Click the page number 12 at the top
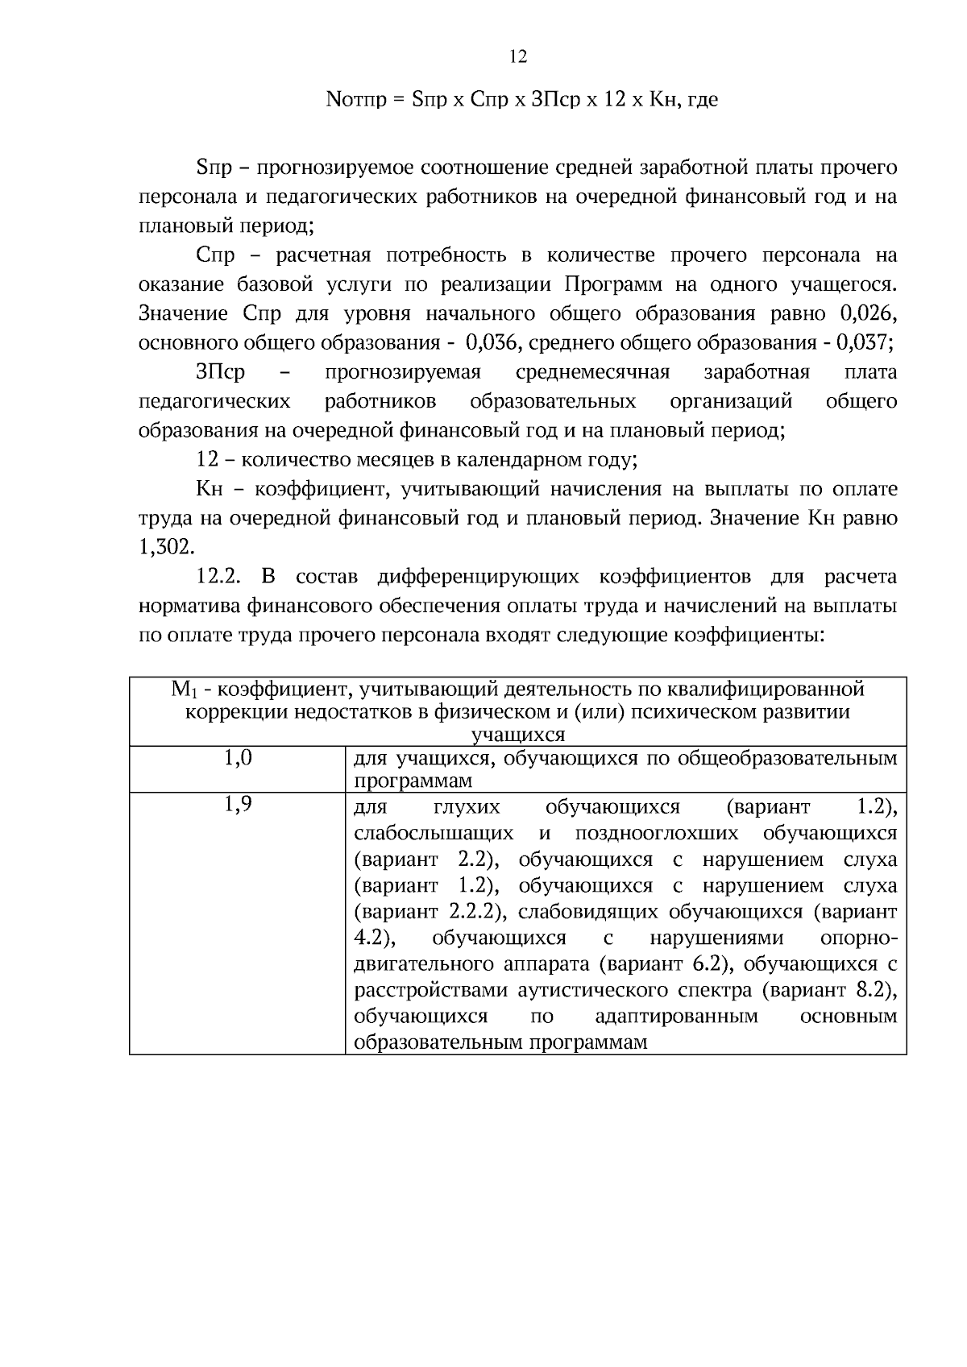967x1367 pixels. [518, 56]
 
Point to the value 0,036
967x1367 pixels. [494, 342]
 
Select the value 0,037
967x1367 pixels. [864, 342]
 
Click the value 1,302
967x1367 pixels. [166, 547]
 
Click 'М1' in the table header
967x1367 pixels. [183, 690]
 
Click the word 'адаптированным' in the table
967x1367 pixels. [676, 1016]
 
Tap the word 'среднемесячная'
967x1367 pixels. [592, 372]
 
